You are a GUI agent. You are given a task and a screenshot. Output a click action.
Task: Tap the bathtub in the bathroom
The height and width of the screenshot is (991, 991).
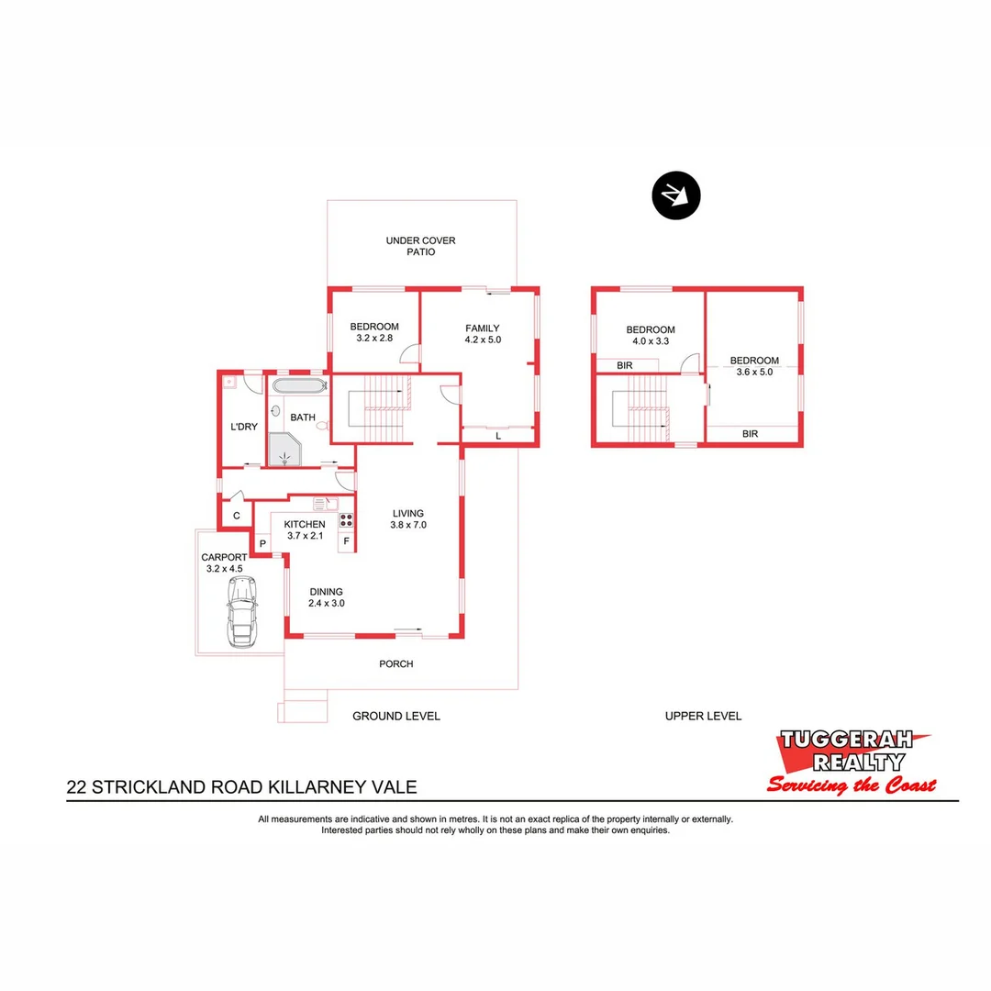(298, 385)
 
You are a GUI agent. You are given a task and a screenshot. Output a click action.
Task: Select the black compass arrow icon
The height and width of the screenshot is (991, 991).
(676, 195)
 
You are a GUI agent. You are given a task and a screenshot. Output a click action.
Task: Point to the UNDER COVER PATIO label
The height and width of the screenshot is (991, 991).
(420, 246)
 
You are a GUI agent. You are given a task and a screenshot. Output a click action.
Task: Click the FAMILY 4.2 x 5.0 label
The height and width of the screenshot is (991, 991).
(483, 333)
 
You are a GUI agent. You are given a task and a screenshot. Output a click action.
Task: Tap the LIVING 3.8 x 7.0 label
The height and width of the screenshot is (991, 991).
(409, 519)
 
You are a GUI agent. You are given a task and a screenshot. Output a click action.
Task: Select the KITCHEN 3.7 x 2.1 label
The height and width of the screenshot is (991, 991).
(305, 529)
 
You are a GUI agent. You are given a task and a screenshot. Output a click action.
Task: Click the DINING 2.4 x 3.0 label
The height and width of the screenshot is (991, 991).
(326, 597)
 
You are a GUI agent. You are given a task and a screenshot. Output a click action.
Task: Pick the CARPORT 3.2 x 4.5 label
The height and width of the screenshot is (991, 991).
(224, 562)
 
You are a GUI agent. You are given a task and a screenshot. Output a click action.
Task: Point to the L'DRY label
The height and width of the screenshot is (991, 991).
(243, 427)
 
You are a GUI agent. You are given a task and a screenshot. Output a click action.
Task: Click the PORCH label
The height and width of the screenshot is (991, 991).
(396, 663)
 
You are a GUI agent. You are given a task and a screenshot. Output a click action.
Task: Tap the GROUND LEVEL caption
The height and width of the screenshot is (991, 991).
(396, 716)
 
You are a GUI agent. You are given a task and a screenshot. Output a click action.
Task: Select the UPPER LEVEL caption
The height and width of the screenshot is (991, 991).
(703, 716)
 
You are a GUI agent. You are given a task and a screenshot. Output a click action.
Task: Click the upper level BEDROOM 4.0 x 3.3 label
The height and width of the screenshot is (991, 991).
(651, 335)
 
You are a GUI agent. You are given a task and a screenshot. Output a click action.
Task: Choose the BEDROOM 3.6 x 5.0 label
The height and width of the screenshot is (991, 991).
(754, 366)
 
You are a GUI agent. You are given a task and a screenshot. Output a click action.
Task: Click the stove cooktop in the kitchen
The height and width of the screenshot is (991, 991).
(347, 520)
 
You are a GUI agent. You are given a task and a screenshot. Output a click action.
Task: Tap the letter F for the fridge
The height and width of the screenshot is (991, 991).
(347, 541)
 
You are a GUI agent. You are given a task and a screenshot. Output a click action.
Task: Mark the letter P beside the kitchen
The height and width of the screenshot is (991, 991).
(262, 544)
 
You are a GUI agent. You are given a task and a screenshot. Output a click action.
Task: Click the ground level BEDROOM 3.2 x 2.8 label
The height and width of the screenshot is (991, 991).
(374, 332)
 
